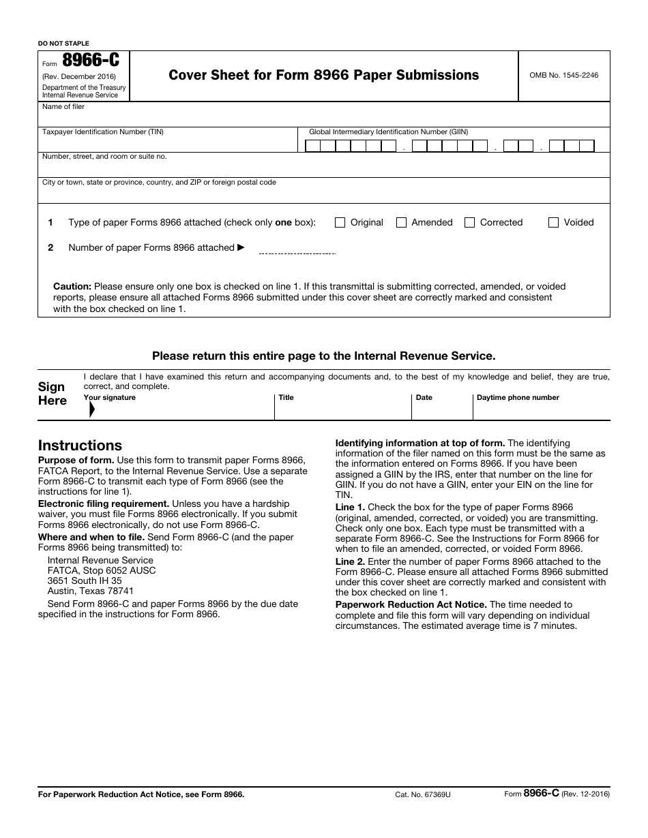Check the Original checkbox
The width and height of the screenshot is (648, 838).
pos(340,222)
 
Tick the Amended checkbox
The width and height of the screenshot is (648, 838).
pos(401,222)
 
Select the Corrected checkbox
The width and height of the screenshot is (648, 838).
pos(469,222)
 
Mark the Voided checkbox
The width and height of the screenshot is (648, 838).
pos(553,222)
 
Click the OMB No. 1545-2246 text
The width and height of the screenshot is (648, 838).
pos(563,75)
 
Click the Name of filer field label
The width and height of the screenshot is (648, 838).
pos(63,107)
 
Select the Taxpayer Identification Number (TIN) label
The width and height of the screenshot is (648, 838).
pos(103,132)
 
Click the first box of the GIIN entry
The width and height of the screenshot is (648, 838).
pos(312,146)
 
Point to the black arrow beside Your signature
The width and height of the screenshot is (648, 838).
pos(91,409)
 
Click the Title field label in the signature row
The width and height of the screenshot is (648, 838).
pos(286,397)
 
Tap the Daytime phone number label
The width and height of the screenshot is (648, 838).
pos(518,397)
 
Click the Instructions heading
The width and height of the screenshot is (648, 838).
pos(80,446)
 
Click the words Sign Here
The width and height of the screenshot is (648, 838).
pos(53,394)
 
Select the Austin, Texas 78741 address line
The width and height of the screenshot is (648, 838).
pos(91,591)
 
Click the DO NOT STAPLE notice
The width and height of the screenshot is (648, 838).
pos(63,44)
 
